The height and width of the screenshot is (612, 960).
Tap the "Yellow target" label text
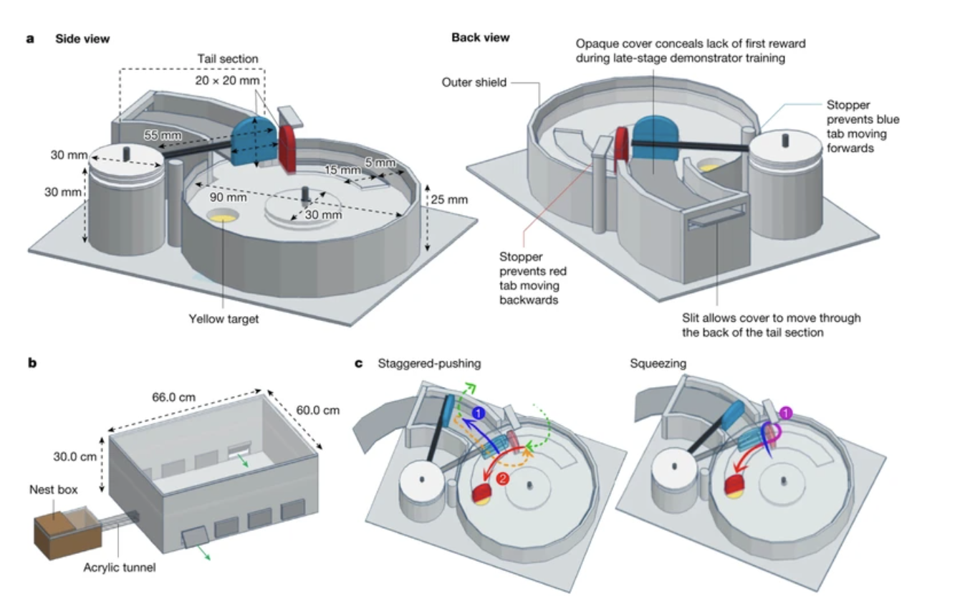(x=224, y=319)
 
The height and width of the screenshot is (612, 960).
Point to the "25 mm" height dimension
(x=449, y=199)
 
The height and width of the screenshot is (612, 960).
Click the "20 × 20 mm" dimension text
(x=227, y=81)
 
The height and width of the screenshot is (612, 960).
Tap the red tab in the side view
(x=287, y=148)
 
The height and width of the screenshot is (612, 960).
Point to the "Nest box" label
(x=53, y=491)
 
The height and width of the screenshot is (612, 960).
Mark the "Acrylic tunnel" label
(x=120, y=568)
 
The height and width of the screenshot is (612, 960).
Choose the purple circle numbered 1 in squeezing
(x=786, y=413)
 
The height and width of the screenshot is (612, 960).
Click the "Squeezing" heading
(x=658, y=364)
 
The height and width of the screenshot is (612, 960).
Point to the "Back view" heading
(x=480, y=37)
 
